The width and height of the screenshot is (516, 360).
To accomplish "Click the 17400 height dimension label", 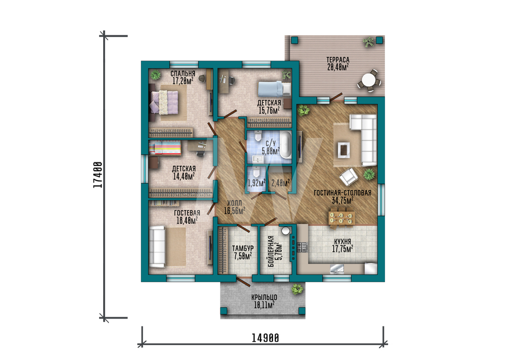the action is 98,175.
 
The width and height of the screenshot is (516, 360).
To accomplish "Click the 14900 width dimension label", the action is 265,338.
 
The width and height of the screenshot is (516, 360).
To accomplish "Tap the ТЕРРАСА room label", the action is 338,60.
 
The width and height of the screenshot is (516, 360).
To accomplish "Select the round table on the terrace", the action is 368,81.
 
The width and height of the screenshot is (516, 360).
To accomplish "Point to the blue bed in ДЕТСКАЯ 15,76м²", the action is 275,89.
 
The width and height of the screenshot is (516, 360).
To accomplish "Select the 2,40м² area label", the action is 281,182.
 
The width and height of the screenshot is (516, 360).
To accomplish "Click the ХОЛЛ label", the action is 234,204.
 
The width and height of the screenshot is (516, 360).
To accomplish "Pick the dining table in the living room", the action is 342,217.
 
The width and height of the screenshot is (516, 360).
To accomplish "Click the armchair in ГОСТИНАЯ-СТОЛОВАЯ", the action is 348,177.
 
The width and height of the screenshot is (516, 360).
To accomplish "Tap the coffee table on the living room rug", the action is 344,150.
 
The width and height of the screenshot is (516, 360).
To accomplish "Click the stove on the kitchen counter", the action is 302,247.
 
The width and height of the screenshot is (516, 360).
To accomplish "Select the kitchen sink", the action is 337,269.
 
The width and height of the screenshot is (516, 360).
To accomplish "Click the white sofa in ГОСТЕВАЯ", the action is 157,246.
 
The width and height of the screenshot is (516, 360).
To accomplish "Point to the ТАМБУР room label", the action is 243,248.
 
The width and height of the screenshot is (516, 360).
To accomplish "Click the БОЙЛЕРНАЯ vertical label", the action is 271,252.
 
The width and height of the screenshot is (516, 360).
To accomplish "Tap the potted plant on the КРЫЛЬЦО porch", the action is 298,289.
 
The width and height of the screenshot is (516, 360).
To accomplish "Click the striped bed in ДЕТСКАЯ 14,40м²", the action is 165,148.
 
